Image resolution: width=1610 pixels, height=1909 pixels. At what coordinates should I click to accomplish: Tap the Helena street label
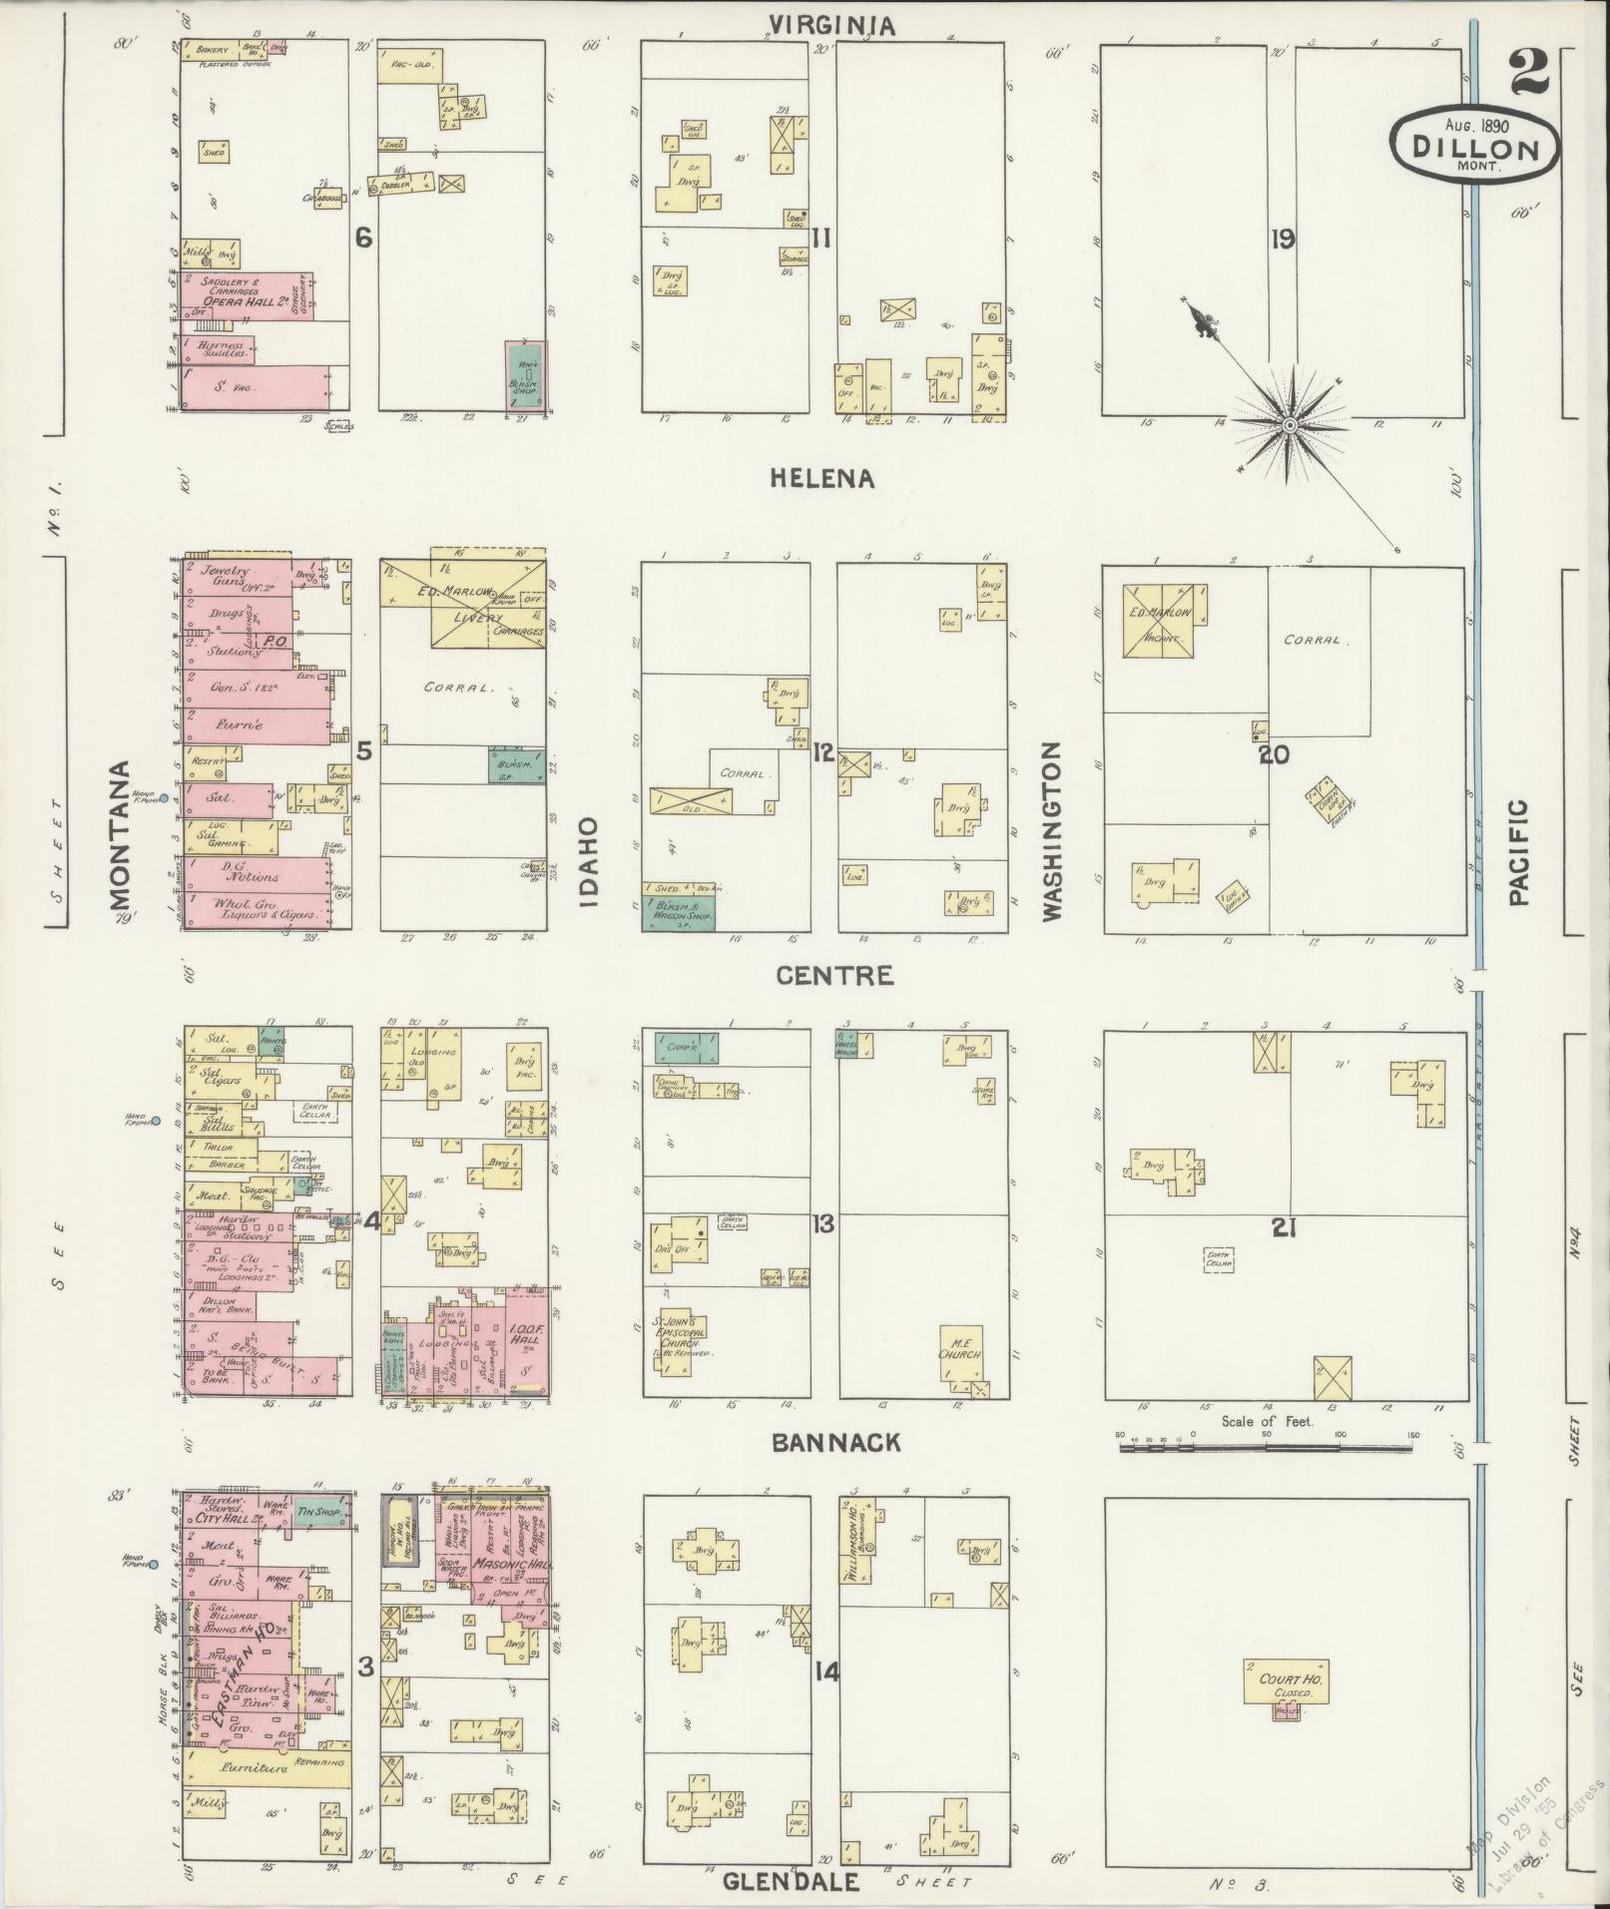[x=822, y=479]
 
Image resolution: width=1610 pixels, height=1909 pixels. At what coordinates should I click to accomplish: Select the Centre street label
[x=834, y=975]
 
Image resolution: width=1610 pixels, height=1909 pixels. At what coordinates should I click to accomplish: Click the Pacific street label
[x=1518, y=851]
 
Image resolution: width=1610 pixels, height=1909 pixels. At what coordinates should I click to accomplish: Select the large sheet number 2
[x=1528, y=72]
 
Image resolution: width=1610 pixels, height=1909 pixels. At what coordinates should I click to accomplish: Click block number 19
[x=1283, y=239]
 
